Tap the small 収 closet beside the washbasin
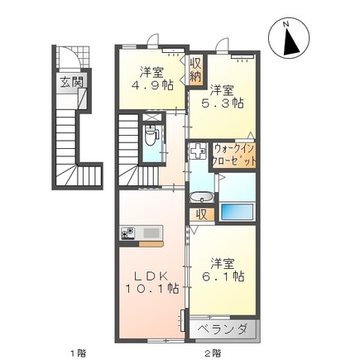[x=200, y=214]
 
